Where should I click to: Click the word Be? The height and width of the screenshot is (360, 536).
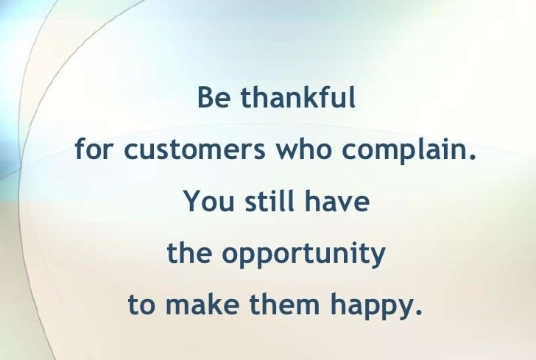(x=214, y=97)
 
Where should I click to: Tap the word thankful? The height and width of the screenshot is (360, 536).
(x=298, y=97)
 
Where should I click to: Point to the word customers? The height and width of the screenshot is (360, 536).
(x=194, y=149)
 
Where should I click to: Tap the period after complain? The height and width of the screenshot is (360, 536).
(x=473, y=157)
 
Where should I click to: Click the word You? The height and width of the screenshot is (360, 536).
(x=208, y=201)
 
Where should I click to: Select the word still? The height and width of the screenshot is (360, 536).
(x=269, y=200)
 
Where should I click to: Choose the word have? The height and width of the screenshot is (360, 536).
(x=337, y=200)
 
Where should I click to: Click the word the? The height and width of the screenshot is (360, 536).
(x=189, y=253)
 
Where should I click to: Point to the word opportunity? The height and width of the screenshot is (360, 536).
(x=304, y=255)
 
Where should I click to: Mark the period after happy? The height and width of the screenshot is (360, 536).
(x=418, y=312)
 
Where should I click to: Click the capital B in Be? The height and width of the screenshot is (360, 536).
(x=205, y=97)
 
